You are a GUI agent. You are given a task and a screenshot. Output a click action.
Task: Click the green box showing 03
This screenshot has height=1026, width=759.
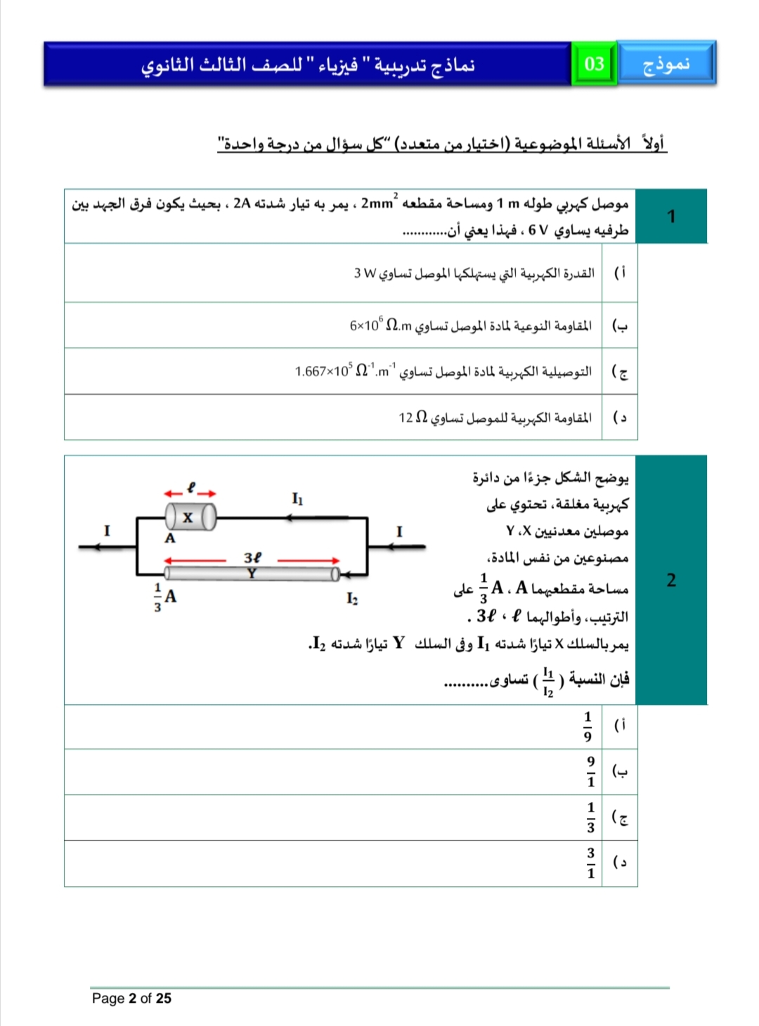click(x=594, y=64)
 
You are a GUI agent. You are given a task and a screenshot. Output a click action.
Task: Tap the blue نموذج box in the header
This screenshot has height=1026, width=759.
click(x=666, y=64)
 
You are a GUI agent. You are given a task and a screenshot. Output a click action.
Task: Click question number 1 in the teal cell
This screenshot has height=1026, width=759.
click(x=671, y=216)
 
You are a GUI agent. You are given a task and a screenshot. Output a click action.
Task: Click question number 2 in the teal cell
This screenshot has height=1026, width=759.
click(x=671, y=580)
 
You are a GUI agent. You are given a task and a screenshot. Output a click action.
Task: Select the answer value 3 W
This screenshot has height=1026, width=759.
click(x=365, y=273)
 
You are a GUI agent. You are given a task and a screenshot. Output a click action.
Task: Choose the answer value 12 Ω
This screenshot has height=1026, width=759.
click(x=413, y=417)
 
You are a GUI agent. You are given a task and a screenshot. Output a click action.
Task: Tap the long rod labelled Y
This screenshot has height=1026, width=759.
click(x=252, y=573)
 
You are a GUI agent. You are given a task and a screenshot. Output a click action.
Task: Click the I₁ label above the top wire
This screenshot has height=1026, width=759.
click(x=297, y=499)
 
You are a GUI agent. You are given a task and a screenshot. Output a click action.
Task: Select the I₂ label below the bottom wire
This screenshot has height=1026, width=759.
click(x=351, y=598)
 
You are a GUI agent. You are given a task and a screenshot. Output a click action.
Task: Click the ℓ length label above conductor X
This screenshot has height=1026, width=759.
click(x=190, y=486)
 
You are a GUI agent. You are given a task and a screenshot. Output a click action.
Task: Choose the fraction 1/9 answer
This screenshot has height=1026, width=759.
click(x=588, y=727)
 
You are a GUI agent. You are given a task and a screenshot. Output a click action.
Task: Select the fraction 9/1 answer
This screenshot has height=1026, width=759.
click(x=590, y=772)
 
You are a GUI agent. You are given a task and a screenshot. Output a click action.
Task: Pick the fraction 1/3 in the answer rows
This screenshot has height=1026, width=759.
click(x=590, y=817)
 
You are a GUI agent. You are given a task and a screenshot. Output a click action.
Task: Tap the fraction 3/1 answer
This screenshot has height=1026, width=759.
click(x=590, y=863)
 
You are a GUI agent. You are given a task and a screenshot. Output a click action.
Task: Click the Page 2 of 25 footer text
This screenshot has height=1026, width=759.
click(x=131, y=998)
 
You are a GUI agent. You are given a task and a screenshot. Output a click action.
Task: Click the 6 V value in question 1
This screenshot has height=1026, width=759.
click(x=538, y=230)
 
